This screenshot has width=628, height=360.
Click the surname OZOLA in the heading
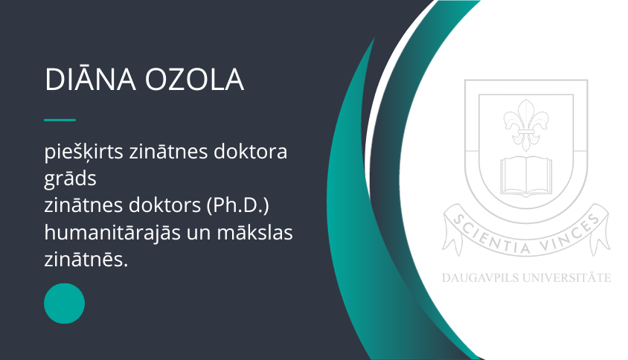pyautogui.click(x=194, y=80)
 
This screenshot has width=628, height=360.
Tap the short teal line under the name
pyautogui.click(x=60, y=120)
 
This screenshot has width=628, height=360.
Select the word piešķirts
pyautogui.click(x=83, y=152)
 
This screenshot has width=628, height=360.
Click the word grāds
pyautogui.click(x=70, y=179)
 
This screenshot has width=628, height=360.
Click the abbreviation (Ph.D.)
pyautogui.click(x=238, y=205)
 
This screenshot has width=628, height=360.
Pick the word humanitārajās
pyautogui.click(x=112, y=233)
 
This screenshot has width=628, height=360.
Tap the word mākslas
pyautogui.click(x=254, y=233)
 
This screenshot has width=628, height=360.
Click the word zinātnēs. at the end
pyautogui.click(x=86, y=260)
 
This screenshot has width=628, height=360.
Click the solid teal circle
pyautogui.click(x=64, y=303)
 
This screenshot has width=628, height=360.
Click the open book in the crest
pyautogui.click(x=526, y=176)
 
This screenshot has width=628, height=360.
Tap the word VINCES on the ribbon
pyautogui.click(x=570, y=234)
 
